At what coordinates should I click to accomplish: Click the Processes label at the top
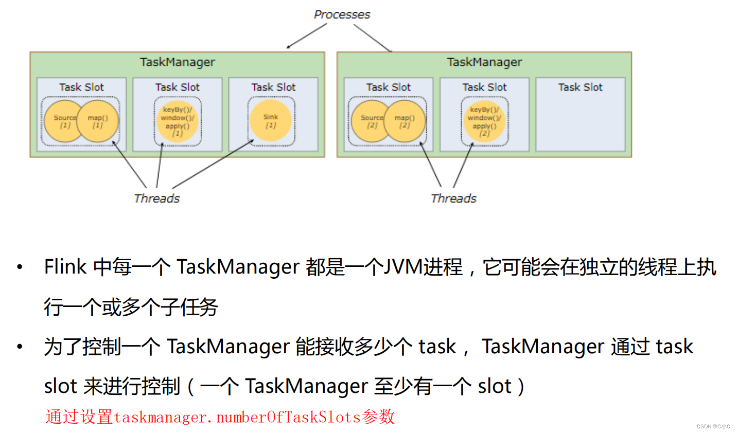point(342,14)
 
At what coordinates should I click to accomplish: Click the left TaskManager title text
point(177,62)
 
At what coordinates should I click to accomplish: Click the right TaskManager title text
point(484,62)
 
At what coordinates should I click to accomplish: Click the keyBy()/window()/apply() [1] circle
point(178,121)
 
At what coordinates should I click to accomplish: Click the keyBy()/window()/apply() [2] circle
point(484,121)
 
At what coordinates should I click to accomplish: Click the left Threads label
point(156,198)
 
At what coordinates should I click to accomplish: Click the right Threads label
point(453,198)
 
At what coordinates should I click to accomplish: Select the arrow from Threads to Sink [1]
point(214,164)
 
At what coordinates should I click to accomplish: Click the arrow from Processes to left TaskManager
point(307,36)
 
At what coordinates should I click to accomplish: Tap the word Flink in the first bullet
point(65,267)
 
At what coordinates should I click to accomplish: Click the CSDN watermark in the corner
point(713,426)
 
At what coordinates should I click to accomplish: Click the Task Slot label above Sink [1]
point(273,87)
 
